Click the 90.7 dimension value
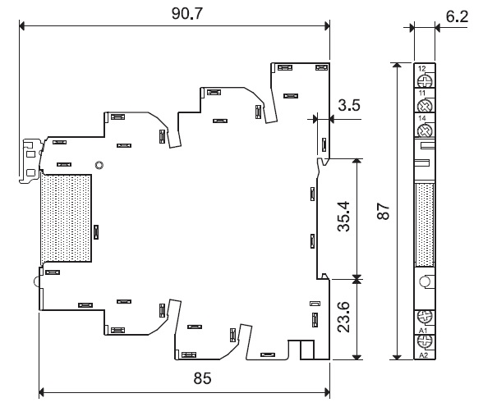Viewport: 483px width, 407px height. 187,14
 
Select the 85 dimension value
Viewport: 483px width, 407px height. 202,378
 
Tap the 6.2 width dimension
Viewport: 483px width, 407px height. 457,16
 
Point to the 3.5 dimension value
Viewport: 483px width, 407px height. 349,105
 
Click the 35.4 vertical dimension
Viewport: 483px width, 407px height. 343,216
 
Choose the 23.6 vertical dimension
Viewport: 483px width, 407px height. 343,317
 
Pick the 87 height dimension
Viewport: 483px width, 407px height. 384,211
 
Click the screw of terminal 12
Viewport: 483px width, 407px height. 425,81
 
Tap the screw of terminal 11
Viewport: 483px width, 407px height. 425,106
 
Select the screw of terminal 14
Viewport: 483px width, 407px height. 425,131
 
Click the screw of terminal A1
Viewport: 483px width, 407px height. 425,317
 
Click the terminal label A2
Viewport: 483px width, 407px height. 424,355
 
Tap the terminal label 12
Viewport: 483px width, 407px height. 421,69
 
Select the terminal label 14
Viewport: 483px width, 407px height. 421,118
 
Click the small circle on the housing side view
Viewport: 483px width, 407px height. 99,165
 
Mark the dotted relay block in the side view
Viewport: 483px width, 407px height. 66,218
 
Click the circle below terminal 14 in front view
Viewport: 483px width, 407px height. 425,281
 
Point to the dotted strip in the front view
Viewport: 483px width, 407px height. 425,225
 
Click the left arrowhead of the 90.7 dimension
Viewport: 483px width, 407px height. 21,26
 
